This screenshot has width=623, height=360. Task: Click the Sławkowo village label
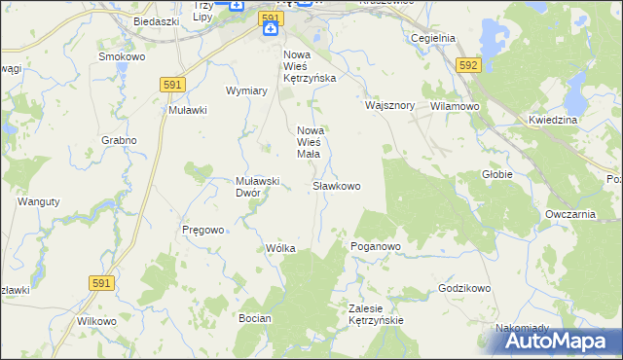coord(337,185)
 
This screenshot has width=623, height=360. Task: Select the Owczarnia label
coord(570,214)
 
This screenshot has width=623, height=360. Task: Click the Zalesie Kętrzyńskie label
coord(376,313)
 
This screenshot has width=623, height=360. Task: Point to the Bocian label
coord(253,318)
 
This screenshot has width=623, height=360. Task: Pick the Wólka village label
coord(280,249)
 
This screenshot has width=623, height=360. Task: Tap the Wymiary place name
coord(246,90)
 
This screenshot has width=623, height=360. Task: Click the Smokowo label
coord(123,56)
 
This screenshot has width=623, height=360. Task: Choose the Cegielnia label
coord(433,38)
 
